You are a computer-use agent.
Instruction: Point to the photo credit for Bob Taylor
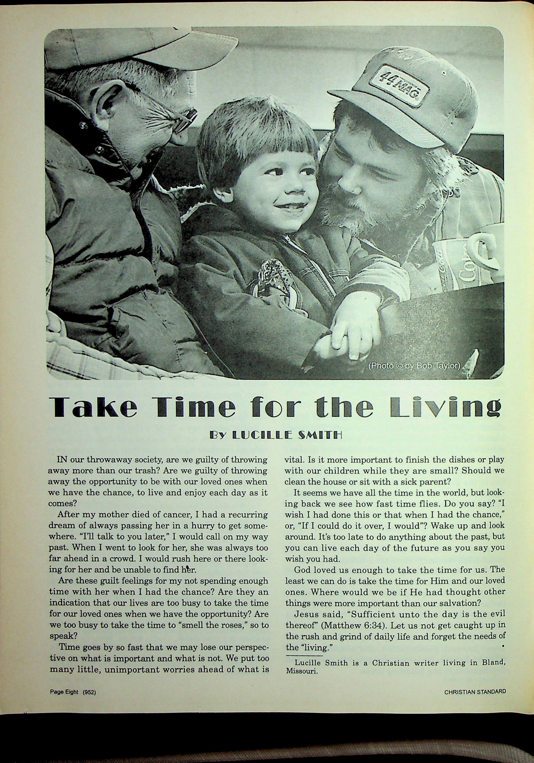[x=414, y=366]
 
